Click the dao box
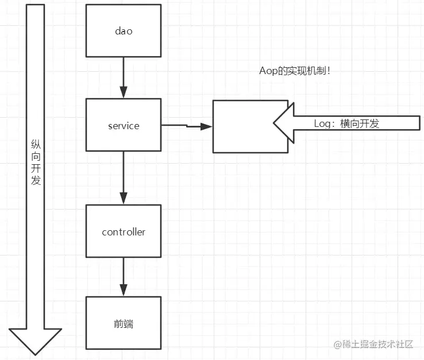(x=123, y=31)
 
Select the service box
(x=123, y=125)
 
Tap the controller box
(x=123, y=231)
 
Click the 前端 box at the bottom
(x=123, y=323)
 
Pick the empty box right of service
(x=250, y=126)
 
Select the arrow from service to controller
(x=123, y=178)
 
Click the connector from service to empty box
(x=187, y=126)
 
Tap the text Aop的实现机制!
(x=295, y=72)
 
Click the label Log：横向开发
(x=346, y=123)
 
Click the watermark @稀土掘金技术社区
(x=373, y=344)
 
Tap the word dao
(x=123, y=31)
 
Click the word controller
(x=123, y=232)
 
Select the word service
(x=123, y=126)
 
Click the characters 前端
(x=123, y=324)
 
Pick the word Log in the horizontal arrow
(x=322, y=123)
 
